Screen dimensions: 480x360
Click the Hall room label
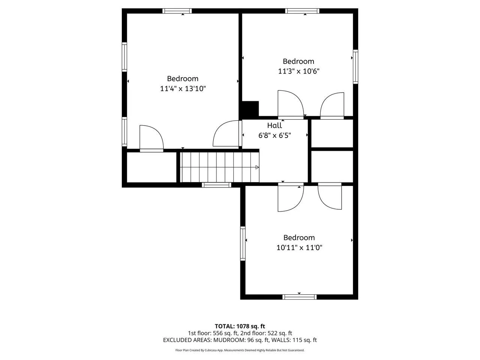click(274, 126)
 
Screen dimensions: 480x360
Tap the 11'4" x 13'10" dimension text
click(183, 89)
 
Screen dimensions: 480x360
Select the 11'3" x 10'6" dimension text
click(299, 71)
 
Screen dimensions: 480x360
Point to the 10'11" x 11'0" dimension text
click(299, 247)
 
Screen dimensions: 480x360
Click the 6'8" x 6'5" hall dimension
click(274, 135)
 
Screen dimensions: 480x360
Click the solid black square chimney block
click(250, 109)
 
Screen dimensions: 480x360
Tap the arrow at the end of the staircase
click(257, 167)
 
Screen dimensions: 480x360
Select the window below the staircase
click(216, 185)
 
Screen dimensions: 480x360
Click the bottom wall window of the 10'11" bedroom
click(299, 297)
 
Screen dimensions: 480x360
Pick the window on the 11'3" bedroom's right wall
click(355, 67)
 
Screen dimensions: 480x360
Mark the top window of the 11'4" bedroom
click(177, 11)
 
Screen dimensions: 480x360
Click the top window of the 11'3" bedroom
click(302, 11)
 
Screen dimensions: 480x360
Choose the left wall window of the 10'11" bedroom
click(243, 243)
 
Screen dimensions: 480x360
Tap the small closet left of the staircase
click(152, 167)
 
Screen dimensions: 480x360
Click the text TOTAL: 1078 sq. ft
click(240, 326)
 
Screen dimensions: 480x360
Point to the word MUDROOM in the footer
click(229, 340)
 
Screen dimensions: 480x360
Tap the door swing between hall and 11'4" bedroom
click(226, 133)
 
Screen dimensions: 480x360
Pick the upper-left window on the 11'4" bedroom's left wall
click(124, 57)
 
